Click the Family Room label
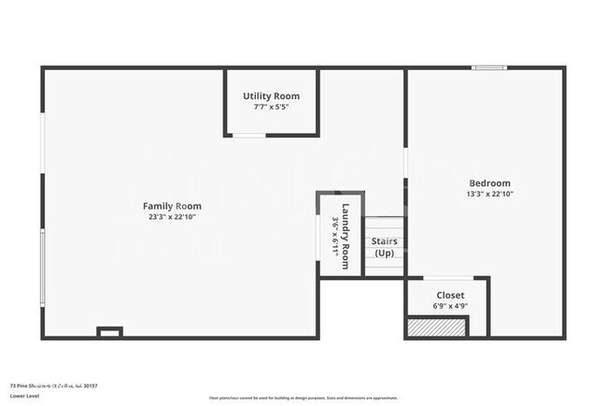(172, 206)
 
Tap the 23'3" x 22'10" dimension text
(172, 217)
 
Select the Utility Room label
(271, 96)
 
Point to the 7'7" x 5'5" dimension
(271, 108)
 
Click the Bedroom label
(489, 183)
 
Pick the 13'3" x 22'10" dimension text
(489, 195)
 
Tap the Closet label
(450, 295)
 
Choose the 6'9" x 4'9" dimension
(450, 306)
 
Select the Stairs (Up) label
(384, 248)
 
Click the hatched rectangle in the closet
(436, 327)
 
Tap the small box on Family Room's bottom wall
(110, 331)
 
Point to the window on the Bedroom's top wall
(488, 67)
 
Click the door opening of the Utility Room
(248, 136)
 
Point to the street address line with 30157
(53, 384)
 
